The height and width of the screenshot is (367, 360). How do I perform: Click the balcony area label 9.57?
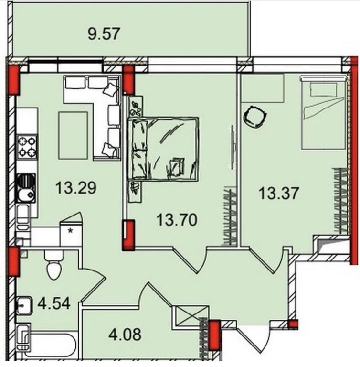point(104,34)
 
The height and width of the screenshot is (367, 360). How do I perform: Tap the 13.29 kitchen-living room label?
point(76,188)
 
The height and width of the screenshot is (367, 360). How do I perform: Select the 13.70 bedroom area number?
point(177,220)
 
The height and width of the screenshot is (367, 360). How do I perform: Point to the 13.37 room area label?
point(279,194)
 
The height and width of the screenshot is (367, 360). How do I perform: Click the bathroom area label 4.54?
point(54,303)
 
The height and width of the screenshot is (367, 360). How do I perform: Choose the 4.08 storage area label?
point(125,334)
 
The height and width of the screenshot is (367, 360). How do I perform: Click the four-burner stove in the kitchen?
point(27,147)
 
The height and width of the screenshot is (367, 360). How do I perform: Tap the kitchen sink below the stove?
point(26,188)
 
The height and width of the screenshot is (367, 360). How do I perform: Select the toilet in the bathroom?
point(54,265)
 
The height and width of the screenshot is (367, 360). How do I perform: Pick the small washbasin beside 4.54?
point(24,306)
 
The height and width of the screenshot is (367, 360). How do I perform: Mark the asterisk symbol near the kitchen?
point(70,231)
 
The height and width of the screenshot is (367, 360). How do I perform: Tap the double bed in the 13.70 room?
point(163,149)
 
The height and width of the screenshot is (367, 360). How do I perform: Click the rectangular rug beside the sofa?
point(73,135)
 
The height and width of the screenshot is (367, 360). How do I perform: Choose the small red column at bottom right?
point(293,324)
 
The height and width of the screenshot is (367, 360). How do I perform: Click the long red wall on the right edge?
point(355,161)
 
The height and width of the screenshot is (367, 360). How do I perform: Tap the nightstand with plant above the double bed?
point(136,106)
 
